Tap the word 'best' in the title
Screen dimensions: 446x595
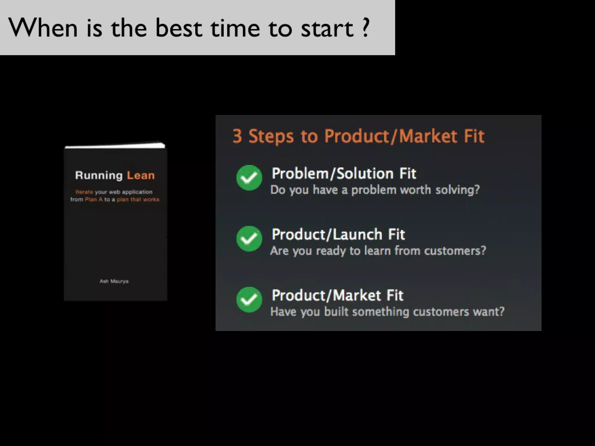pyautogui.click(x=178, y=28)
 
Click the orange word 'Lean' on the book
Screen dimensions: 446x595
pyautogui.click(x=141, y=175)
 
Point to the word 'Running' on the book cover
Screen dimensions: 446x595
pyautogui.click(x=99, y=176)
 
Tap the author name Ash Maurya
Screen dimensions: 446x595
pyautogui.click(x=114, y=281)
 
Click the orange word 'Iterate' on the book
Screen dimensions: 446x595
pyautogui.click(x=84, y=192)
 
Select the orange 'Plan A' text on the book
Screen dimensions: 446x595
pyautogui.click(x=94, y=199)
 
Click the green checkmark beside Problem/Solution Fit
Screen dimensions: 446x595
pyautogui.click(x=249, y=177)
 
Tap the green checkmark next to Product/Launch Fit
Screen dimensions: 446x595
pyautogui.click(x=249, y=238)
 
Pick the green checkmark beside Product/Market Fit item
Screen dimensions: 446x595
pyautogui.click(x=249, y=299)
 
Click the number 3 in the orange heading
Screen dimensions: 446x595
pyautogui.click(x=237, y=136)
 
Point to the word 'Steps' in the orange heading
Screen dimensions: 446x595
pyautogui.click(x=271, y=136)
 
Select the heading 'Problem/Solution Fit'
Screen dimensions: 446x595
pyautogui.click(x=344, y=174)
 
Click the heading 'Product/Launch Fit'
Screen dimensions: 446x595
pyautogui.click(x=338, y=235)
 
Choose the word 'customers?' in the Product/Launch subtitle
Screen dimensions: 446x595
pyautogui.click(x=455, y=251)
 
